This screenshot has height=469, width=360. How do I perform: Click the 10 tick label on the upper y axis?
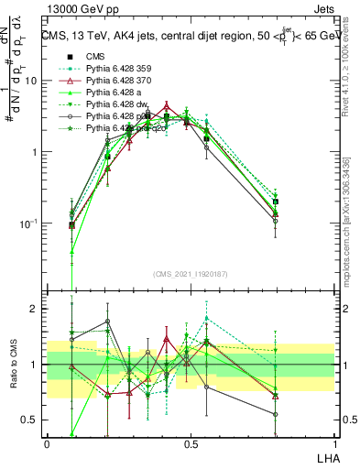(x=32, y=81)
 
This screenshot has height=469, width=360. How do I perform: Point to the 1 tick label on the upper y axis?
(x=36, y=152)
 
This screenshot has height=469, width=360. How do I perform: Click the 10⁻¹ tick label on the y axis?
(x=30, y=224)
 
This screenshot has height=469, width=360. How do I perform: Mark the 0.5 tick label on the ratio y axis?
(x=31, y=421)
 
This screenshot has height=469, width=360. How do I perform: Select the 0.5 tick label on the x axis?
(x=191, y=442)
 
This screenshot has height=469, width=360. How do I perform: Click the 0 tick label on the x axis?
(x=47, y=442)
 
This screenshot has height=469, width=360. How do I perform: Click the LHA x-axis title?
(x=325, y=457)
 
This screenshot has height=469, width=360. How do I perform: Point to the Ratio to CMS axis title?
(x=12, y=365)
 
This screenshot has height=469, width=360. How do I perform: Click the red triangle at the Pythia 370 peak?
(x=166, y=105)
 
